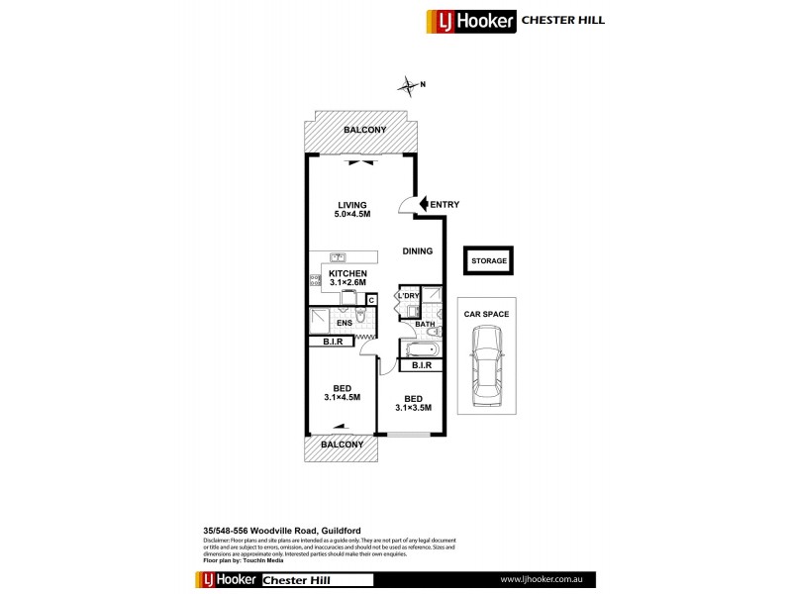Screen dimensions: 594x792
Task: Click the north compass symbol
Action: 409,87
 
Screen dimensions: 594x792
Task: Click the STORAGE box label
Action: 489,261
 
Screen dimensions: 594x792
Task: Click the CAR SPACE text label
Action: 485,314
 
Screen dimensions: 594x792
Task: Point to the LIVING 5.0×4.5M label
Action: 351,209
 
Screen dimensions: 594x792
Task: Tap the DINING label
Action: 417,251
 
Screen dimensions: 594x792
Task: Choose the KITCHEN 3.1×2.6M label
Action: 347,278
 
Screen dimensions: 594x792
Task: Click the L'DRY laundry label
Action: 407,296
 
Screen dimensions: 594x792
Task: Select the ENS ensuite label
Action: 345,323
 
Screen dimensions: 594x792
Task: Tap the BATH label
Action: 426,324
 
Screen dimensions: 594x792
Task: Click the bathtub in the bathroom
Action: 420,347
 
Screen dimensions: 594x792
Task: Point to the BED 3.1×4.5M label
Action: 342,392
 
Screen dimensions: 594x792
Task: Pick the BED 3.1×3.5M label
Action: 412,402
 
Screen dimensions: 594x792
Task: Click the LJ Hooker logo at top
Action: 470,19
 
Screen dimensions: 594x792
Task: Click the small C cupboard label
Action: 372,299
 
